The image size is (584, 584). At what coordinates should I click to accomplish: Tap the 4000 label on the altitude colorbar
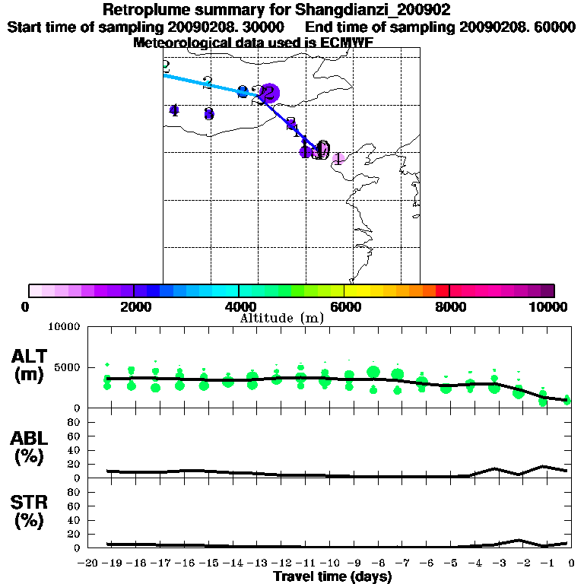240,306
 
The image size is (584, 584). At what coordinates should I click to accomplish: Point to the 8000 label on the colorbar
449,306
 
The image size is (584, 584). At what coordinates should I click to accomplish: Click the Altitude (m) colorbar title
281,318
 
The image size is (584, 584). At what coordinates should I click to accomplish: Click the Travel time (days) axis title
332,577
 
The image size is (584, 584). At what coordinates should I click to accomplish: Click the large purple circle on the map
268,94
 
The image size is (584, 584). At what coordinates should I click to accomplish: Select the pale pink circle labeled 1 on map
338,158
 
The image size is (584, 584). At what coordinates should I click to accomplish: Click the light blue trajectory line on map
205,83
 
